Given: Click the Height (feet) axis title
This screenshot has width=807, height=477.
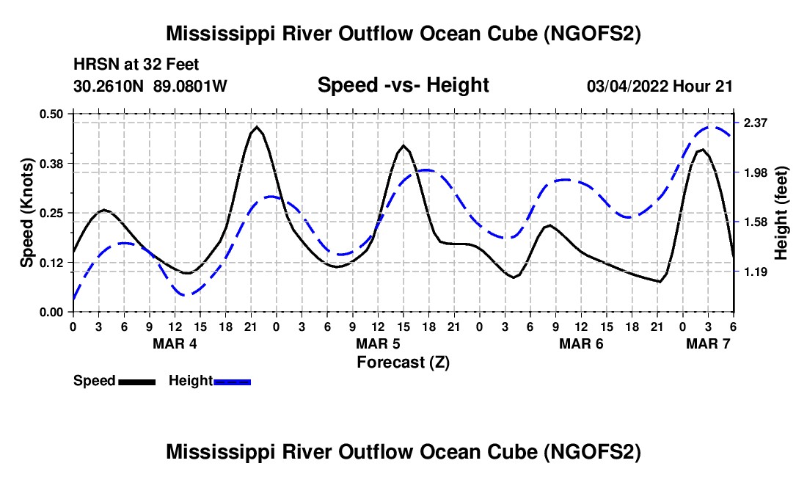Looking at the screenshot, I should click(x=781, y=213).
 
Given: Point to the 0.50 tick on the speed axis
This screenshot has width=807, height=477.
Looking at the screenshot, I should click(x=53, y=113).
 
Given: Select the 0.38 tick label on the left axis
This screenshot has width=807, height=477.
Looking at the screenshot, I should click(x=53, y=163).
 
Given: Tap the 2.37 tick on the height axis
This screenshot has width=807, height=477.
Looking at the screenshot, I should click(x=756, y=123).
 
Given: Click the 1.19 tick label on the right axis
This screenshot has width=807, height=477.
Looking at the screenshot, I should click(x=756, y=272).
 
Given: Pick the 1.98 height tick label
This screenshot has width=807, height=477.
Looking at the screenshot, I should click(x=756, y=172).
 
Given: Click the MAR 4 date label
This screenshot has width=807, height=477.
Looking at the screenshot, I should click(x=175, y=343).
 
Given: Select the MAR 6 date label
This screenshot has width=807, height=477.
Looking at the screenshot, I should click(x=581, y=343).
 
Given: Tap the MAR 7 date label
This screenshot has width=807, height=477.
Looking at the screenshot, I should click(x=708, y=343).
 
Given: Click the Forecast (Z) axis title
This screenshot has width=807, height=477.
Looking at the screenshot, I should click(x=403, y=362).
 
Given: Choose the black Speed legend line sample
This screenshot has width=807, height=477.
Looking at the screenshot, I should click(x=136, y=381).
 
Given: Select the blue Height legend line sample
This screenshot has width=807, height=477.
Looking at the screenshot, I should click(x=232, y=381).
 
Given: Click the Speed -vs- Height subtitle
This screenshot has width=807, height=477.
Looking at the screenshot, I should click(x=403, y=85).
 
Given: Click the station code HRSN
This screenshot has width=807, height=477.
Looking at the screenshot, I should click(x=92, y=65).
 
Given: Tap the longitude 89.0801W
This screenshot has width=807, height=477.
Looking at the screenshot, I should click(x=191, y=86).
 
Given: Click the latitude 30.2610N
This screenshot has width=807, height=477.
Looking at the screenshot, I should click(x=110, y=86).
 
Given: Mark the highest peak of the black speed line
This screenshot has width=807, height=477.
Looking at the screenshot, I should click(x=256, y=127).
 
